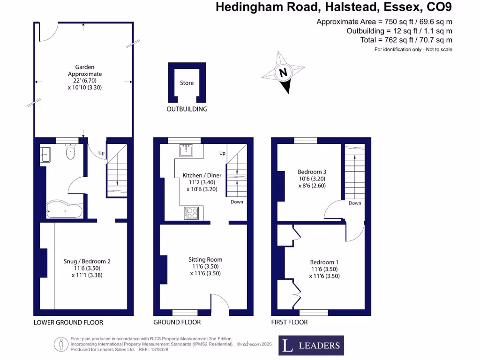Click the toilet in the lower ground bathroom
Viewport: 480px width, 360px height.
click(71, 152)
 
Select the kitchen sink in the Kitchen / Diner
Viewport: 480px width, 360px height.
click(186, 150)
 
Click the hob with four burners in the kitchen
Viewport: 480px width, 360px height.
click(191, 213)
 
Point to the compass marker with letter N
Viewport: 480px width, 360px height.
click(283, 73)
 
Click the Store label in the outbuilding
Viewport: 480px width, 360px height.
click(187, 83)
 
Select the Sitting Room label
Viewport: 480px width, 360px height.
click(205, 259)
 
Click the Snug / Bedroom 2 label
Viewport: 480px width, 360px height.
click(87, 261)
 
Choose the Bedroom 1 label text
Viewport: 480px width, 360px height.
click(324, 262)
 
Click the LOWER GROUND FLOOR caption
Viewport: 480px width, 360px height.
click(68, 322)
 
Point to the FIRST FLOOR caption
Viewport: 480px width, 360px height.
click(289, 322)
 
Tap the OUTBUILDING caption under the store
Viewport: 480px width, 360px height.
click(187, 109)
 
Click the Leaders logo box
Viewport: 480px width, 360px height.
click(311, 345)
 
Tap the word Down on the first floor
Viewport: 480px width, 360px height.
click(355, 203)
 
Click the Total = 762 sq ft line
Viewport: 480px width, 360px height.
click(406, 40)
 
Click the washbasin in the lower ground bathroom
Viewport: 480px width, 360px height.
click(46, 153)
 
